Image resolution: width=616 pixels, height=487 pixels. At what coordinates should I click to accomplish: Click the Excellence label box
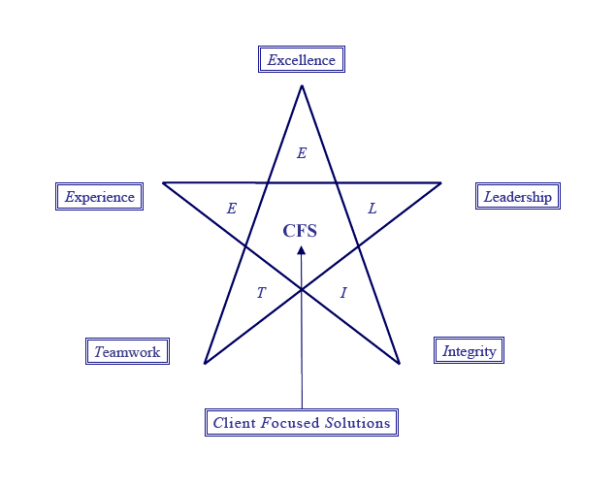(302, 60)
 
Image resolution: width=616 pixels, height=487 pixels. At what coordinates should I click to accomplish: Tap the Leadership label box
(518, 197)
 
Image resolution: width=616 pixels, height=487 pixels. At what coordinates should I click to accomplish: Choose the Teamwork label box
(127, 351)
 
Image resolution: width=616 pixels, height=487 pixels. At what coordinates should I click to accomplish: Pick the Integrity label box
(470, 351)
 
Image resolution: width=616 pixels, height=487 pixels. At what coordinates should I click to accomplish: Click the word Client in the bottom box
(234, 423)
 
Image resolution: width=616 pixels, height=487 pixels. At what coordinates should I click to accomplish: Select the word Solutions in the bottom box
(358, 423)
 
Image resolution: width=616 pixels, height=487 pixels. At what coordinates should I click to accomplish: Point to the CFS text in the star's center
(300, 231)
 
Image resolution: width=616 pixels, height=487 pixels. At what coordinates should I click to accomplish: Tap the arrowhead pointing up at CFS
(301, 250)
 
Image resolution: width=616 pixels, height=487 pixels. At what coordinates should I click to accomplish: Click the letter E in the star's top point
(302, 153)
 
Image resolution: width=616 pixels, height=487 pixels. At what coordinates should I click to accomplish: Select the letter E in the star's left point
(231, 209)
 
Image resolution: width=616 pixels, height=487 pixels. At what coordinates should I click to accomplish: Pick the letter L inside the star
(373, 209)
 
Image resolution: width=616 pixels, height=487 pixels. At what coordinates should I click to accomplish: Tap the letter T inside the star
(260, 293)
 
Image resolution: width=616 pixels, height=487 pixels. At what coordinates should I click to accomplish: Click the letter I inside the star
(343, 293)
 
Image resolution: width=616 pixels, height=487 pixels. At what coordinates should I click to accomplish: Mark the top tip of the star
(302, 86)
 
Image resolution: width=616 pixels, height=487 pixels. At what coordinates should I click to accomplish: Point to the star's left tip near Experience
(163, 182)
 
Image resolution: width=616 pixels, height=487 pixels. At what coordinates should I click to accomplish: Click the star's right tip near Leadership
(440, 182)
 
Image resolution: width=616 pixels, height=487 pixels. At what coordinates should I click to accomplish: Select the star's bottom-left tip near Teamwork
(205, 363)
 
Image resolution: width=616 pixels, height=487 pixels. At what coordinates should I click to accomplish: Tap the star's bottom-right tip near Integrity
(399, 363)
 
